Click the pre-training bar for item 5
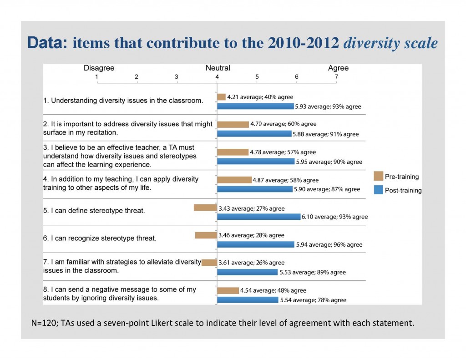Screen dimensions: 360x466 coord(205,208)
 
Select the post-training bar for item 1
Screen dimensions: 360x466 coord(255,106)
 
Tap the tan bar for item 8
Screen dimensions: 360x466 coord(228,290)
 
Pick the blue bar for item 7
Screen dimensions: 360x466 coord(247,272)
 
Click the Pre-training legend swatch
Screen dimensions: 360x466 coord(378,177)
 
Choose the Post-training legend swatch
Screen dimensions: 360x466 coord(378,190)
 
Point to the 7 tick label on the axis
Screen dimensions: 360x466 coord(336,77)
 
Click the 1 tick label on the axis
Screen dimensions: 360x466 coord(97,77)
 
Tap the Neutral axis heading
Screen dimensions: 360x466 coord(218,68)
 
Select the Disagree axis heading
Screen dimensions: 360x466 coord(99,68)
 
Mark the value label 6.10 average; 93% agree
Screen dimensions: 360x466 coord(334,217)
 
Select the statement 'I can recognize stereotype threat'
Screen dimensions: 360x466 coord(100,238)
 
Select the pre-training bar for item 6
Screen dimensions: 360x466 coord(206,235)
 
